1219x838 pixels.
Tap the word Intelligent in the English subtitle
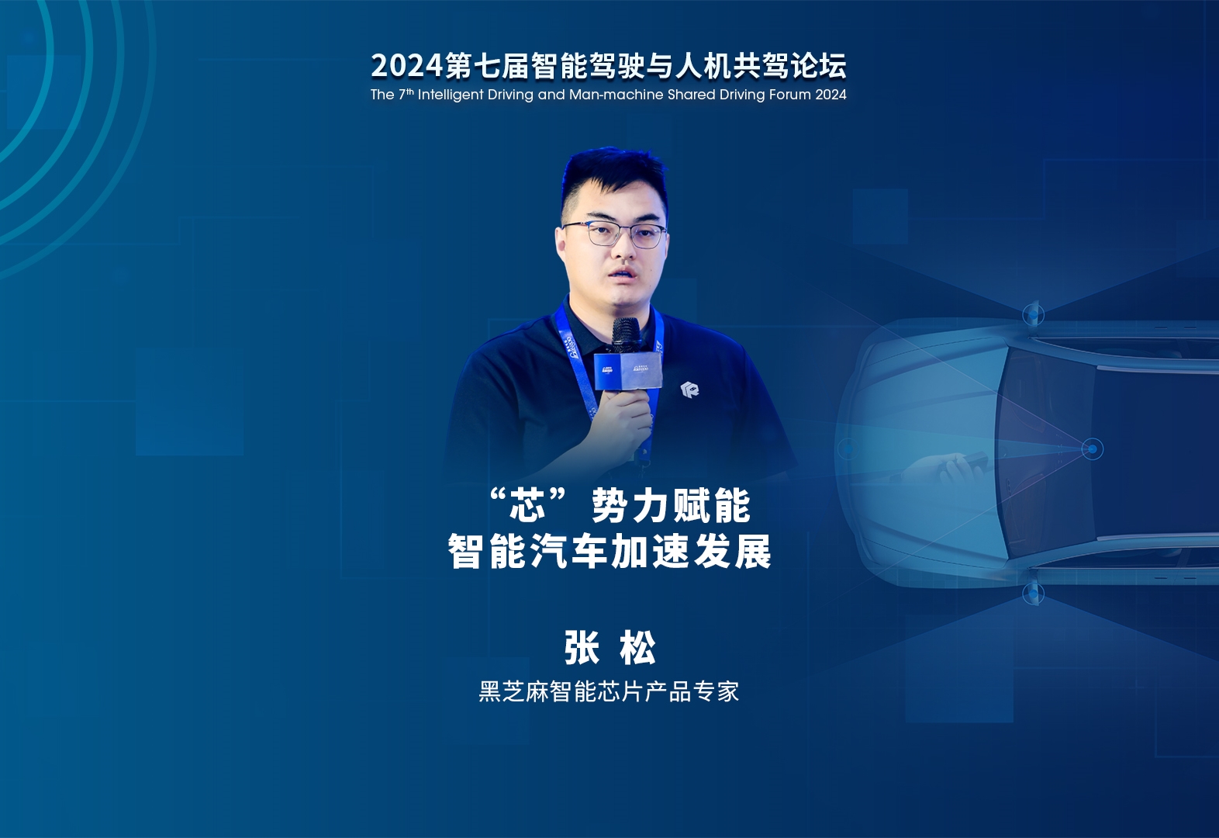[451, 95]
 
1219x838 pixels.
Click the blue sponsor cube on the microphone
[627, 372]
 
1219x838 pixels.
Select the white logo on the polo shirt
[689, 390]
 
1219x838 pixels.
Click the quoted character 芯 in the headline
[527, 506]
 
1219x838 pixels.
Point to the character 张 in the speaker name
[582, 648]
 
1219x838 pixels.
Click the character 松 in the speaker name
[637, 648]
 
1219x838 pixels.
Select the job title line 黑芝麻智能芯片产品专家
[609, 691]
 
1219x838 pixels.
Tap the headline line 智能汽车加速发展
[609, 552]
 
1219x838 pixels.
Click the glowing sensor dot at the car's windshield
[1092, 449]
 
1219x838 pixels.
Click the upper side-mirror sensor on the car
[1033, 315]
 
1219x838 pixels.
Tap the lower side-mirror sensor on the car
[1033, 593]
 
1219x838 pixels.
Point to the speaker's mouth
[620, 272]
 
